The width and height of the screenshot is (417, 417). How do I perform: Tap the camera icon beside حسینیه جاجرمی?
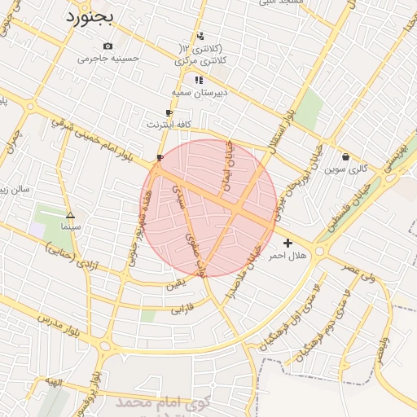point(108,46)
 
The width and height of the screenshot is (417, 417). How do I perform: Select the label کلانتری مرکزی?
point(200,61)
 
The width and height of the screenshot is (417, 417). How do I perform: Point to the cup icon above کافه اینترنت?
point(169,113)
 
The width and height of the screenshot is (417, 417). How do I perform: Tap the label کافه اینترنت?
point(169,125)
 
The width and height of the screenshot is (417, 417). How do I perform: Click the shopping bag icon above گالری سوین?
point(346,157)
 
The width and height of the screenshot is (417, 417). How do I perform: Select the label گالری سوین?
point(346,169)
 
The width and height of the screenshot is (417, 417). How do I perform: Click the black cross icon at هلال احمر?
point(288,243)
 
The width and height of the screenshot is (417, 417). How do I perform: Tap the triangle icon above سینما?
point(70,216)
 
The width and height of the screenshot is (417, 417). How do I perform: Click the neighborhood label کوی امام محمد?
point(162,402)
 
